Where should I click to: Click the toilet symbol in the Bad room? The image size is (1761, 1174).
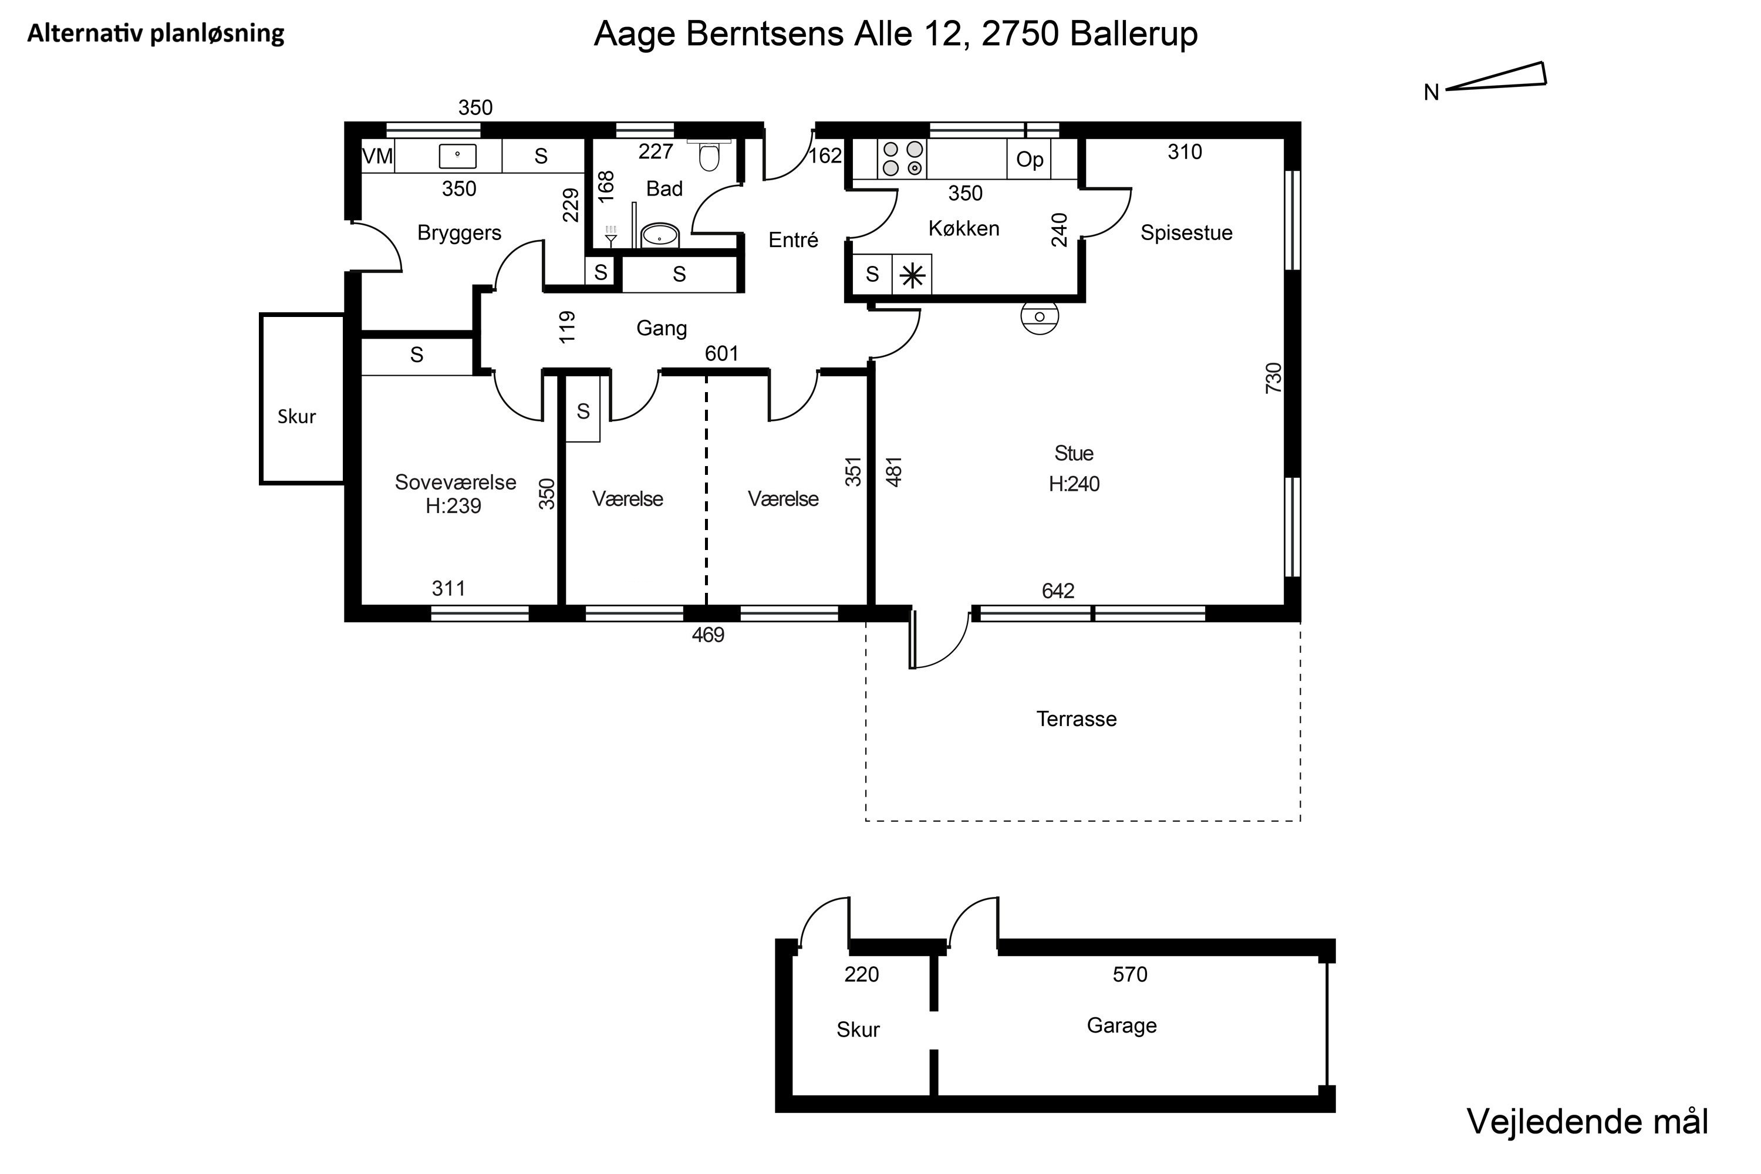pyautogui.click(x=709, y=156)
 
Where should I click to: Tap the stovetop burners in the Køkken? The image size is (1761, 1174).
pyautogui.click(x=902, y=158)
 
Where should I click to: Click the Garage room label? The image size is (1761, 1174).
pyautogui.click(x=1122, y=1025)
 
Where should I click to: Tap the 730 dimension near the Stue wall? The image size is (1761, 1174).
pyautogui.click(x=1274, y=378)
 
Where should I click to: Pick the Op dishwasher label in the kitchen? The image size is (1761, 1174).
pyautogui.click(x=1030, y=160)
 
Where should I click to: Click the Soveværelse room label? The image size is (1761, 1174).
pyautogui.click(x=456, y=482)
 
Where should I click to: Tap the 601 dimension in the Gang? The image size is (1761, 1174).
pyautogui.click(x=722, y=353)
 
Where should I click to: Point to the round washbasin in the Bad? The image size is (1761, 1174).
pyautogui.click(x=660, y=236)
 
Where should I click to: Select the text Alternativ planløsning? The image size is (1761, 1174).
pyautogui.click(x=156, y=33)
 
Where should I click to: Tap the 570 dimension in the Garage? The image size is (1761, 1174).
pyautogui.click(x=1130, y=974)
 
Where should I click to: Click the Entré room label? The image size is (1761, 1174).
pyautogui.click(x=793, y=239)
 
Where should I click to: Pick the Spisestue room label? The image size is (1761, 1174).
pyautogui.click(x=1186, y=233)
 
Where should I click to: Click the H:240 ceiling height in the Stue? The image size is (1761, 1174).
pyautogui.click(x=1074, y=484)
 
